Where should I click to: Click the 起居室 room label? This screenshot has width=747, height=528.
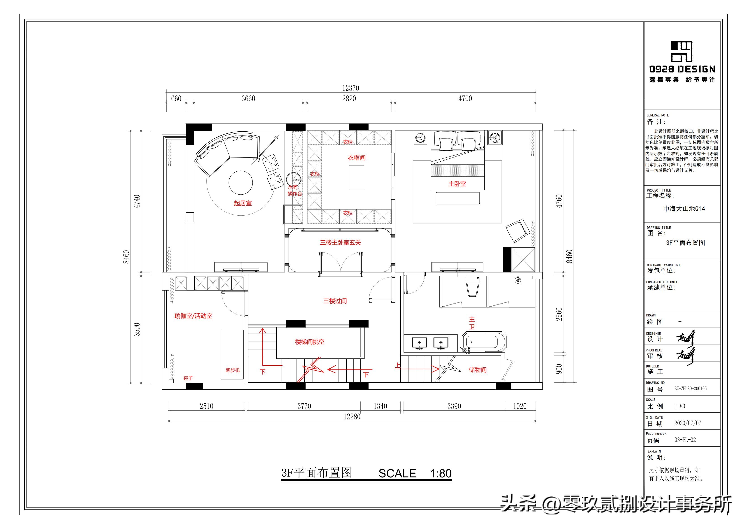tap(243, 203)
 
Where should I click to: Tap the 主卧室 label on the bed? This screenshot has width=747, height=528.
tap(457, 184)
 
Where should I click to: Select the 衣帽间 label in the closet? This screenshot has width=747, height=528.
tap(357, 158)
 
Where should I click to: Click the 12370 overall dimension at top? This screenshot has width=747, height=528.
tap(350, 88)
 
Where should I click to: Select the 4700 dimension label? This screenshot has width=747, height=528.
tap(465, 99)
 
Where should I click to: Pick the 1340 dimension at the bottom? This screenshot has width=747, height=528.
tap(380, 406)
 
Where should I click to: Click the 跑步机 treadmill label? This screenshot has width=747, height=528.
tap(233, 370)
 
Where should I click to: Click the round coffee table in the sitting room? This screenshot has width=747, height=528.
tap(241, 182)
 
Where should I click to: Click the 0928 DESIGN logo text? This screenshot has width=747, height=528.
tap(682, 69)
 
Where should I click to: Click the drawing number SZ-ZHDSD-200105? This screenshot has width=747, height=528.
tap(690, 388)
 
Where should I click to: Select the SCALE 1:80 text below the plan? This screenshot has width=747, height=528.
tap(415, 473)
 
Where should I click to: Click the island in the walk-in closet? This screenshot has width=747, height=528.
tap(356, 177)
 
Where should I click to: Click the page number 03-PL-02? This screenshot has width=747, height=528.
tap(685, 440)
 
